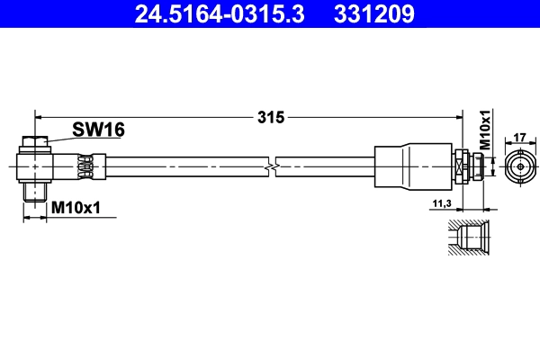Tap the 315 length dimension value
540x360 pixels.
click(x=271, y=116)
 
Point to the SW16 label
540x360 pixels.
click(x=99, y=130)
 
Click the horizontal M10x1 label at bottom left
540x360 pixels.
click(x=76, y=208)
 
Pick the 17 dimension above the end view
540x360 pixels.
click(x=518, y=138)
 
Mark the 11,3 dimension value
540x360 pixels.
click(x=441, y=205)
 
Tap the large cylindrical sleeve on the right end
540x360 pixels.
click(x=413, y=166)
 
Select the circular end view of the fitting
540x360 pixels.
click(x=519, y=167)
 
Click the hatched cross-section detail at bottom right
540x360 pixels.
click(x=467, y=239)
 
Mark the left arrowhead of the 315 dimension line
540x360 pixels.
click(x=39, y=116)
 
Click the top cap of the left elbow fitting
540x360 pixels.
click(x=35, y=140)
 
